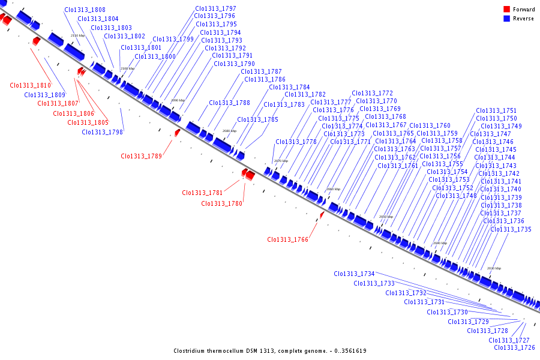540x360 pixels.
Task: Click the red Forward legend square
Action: (x=506, y=9)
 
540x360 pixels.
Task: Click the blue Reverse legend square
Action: (x=506, y=19)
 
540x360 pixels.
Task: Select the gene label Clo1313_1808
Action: (x=85, y=10)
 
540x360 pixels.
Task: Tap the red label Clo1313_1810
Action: (x=31, y=86)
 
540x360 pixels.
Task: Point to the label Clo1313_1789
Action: (x=141, y=156)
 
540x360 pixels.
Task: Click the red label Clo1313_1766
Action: (x=287, y=240)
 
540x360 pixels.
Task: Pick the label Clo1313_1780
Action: (x=221, y=204)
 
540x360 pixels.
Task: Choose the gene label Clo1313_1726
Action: (x=514, y=348)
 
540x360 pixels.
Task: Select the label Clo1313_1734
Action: (x=354, y=274)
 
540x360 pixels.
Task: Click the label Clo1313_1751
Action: (x=496, y=111)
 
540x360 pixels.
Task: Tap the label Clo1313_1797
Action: (x=215, y=9)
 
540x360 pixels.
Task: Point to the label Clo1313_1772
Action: (x=373, y=94)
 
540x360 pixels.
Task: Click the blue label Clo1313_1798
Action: (x=103, y=132)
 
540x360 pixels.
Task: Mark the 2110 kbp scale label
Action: (x=77, y=36)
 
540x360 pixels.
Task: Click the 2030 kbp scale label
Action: (x=494, y=268)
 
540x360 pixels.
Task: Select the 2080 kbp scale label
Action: (x=230, y=131)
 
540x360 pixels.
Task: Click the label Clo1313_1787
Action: (x=261, y=72)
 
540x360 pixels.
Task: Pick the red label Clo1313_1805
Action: (x=88, y=123)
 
